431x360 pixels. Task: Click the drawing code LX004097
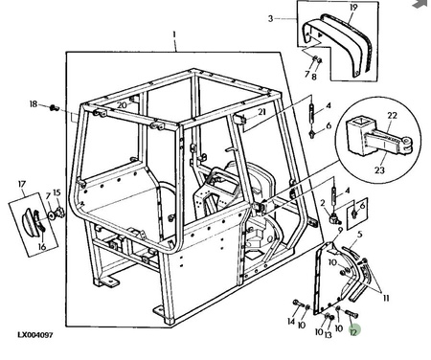coord(35,335)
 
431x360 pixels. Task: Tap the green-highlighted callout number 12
coord(353,331)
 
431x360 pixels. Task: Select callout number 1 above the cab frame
coord(174,34)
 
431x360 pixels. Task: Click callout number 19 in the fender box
coord(353,7)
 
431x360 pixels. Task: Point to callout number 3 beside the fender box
coord(271,18)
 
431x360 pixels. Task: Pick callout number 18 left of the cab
coord(34,104)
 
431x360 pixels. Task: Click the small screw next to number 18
coord(54,108)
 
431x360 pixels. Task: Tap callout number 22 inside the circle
coord(392,115)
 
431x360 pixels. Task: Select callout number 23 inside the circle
coord(379,170)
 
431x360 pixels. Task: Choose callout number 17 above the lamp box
coord(22,184)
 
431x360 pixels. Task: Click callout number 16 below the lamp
coord(42,246)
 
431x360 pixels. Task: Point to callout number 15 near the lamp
coord(57,192)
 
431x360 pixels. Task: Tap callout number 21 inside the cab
coord(261,112)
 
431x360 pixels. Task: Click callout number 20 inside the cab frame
coord(122,105)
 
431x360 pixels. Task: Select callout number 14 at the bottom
coord(291,321)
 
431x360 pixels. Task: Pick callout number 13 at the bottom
coord(329,334)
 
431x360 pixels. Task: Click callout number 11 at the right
coord(386,298)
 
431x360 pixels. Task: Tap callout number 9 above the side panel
coord(340,230)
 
